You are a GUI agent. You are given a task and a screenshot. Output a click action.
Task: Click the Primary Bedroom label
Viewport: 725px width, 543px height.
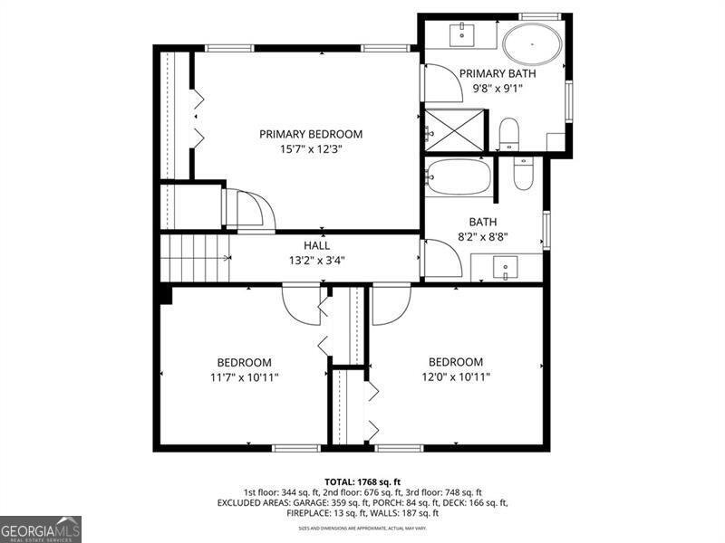coord(311,134)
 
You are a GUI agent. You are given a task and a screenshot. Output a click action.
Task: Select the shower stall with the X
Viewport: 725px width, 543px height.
coord(456,129)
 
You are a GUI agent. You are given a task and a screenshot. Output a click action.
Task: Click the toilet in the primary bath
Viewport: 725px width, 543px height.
coord(509,134)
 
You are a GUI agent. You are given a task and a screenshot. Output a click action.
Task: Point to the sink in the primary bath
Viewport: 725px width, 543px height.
coord(461,34)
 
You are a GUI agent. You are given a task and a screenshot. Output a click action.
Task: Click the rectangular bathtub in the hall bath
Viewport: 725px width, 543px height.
coord(459,177)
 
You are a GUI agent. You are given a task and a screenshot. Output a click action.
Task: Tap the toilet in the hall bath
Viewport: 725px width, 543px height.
coord(524,172)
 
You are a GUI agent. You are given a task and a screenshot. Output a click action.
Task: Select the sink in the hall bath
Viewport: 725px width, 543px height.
coord(506,267)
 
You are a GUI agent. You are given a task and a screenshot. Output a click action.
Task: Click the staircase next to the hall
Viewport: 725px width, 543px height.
coord(194,258)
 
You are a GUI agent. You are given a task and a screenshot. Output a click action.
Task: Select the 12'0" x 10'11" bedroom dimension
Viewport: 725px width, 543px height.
coord(456,376)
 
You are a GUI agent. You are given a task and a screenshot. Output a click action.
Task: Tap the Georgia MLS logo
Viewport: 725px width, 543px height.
coord(41,529)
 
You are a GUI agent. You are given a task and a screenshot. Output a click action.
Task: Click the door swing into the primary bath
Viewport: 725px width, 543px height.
coord(443,85)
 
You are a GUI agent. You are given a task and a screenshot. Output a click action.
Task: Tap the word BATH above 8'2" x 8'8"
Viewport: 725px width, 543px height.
coord(482,222)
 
